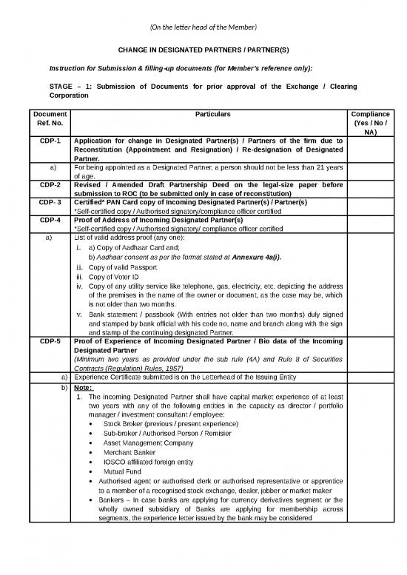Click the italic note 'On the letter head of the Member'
coord(203,27)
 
